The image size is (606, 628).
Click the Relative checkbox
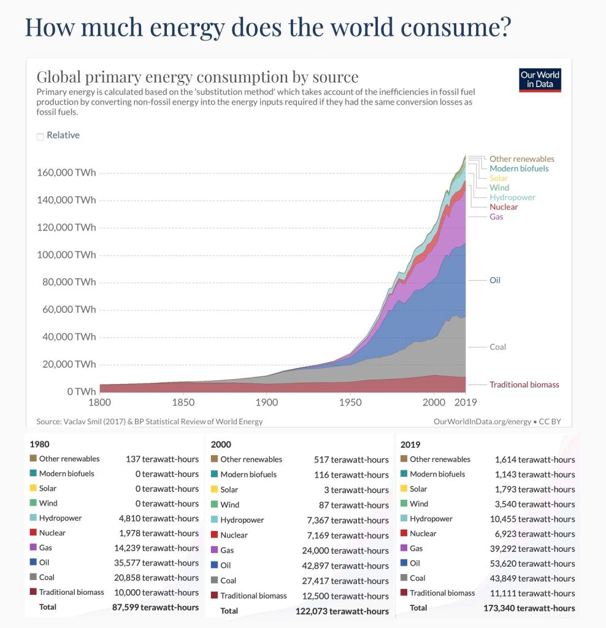(x=40, y=137)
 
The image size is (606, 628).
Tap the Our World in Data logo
(x=540, y=80)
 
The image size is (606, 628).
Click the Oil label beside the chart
(x=494, y=280)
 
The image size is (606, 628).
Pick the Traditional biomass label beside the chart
(x=524, y=385)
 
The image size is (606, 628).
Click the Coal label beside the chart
(x=497, y=347)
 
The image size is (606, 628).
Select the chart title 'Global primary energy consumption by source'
(x=198, y=77)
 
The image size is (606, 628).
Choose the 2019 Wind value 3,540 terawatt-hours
(x=535, y=504)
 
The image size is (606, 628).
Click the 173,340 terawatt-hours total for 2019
(x=535, y=608)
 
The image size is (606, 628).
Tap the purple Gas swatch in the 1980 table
(x=33, y=548)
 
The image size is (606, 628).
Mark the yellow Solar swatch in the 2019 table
(x=403, y=489)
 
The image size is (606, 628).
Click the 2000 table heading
(x=221, y=443)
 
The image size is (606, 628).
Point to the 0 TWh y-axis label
(x=81, y=391)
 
